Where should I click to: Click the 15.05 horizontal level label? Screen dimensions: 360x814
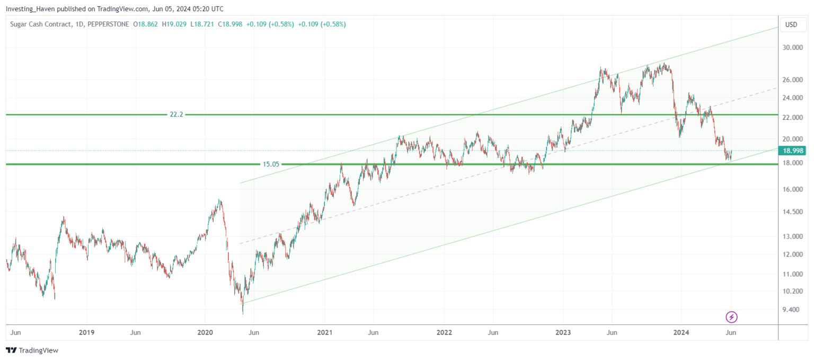pyautogui.click(x=270, y=164)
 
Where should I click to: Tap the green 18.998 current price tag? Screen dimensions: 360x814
pyautogui.click(x=793, y=151)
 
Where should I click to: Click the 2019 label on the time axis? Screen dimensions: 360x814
pyautogui.click(x=86, y=332)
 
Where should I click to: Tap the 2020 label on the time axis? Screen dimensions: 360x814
pyautogui.click(x=205, y=332)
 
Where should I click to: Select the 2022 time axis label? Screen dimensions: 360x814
pyautogui.click(x=444, y=332)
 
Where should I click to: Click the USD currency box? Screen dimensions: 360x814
pyautogui.click(x=791, y=24)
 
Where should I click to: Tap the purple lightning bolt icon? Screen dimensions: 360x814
pyautogui.click(x=731, y=317)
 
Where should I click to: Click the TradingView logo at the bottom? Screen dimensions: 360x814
pyautogui.click(x=32, y=350)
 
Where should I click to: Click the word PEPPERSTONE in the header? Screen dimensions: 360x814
pyautogui.click(x=108, y=24)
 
